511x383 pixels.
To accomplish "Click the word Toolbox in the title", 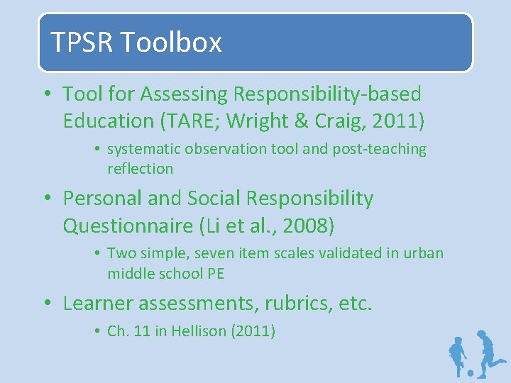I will click(170, 43).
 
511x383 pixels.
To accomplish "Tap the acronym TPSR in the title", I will click(81, 43).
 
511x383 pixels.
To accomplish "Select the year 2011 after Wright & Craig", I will click(398, 121).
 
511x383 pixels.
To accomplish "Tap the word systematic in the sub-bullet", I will click(145, 149).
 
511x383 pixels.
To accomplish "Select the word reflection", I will click(140, 169).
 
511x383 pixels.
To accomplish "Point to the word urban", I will click(424, 253).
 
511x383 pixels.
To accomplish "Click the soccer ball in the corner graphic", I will click(471, 372).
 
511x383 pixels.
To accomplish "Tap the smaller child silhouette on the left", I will click(458, 355).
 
